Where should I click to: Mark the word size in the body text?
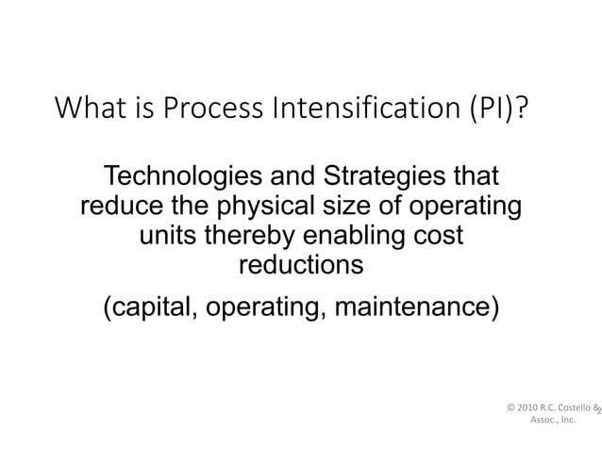(x=347, y=206)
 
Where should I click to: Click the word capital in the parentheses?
(x=147, y=308)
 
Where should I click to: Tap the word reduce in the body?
(x=118, y=206)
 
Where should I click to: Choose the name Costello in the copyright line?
(x=571, y=408)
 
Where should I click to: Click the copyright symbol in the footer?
(x=511, y=408)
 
